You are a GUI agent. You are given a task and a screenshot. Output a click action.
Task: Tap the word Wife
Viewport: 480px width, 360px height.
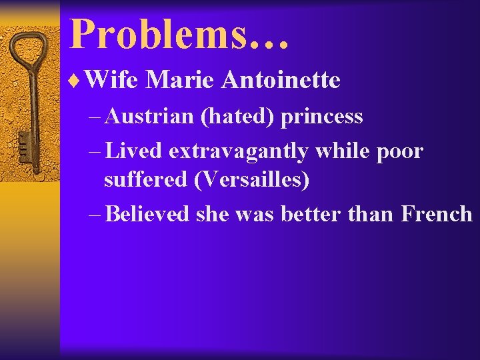pos(111,81)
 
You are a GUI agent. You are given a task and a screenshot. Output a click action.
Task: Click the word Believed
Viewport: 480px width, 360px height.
pos(147,214)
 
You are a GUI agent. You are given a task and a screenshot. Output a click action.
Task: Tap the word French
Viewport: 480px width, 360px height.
pos(437,214)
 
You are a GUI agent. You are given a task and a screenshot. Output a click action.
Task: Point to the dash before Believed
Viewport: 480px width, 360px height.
pos(94,215)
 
